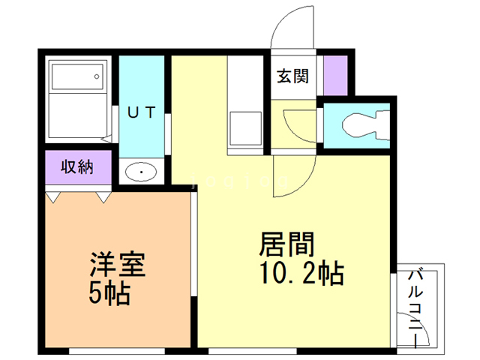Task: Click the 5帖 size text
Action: click(x=109, y=293)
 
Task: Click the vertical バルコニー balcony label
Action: click(x=414, y=307)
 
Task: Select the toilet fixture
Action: click(x=364, y=124)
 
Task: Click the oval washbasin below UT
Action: click(x=140, y=172)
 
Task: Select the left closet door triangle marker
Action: click(x=52, y=197)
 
